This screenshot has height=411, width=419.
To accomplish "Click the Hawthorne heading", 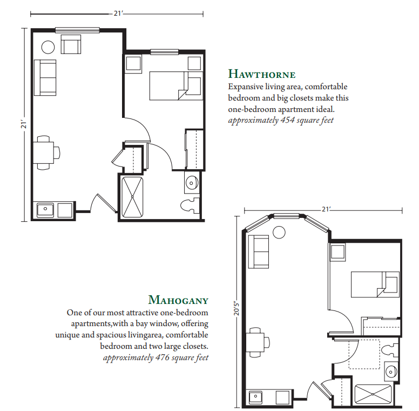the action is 262,74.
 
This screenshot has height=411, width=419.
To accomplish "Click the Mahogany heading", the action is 178,300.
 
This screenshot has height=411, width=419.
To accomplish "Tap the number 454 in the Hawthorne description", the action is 287,120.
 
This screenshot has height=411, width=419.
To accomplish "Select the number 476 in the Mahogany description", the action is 162,357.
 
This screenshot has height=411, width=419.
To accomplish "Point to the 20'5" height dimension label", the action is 236,308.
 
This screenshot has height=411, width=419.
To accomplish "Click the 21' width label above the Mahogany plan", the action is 326,209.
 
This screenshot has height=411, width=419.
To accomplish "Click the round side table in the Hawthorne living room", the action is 48,47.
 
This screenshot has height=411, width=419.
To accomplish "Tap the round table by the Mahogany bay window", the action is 279,232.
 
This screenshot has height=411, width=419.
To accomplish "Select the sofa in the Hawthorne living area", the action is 45,77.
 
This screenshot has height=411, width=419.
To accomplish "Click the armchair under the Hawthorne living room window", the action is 71,44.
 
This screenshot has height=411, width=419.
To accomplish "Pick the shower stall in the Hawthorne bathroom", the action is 132,197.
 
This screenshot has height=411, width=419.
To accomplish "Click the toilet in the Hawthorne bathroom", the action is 190,205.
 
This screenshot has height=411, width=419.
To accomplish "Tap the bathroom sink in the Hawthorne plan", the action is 192,182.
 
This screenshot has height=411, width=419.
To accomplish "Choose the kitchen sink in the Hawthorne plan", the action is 45,210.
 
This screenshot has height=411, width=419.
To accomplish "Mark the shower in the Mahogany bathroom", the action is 373,394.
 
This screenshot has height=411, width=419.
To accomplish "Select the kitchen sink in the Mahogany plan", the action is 255,397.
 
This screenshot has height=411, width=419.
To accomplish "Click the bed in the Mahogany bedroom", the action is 375,284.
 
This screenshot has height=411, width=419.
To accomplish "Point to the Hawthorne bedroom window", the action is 164,52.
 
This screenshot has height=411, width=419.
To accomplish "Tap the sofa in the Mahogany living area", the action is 259,252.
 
